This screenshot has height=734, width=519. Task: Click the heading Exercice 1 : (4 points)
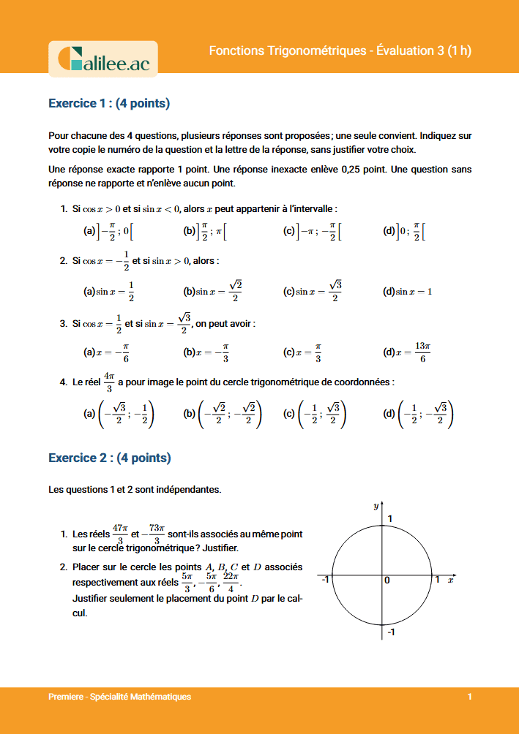(x=109, y=103)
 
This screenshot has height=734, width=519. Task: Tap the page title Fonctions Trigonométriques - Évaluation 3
(x=340, y=50)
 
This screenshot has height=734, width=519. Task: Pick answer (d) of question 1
(x=404, y=232)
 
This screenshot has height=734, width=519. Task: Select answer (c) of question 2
(x=313, y=291)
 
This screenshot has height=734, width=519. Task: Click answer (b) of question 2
(x=212, y=291)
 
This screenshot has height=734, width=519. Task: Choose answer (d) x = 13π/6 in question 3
(x=407, y=352)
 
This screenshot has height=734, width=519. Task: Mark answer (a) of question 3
(x=107, y=352)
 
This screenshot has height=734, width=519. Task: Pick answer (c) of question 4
(x=314, y=415)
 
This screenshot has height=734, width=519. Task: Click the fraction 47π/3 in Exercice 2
(x=120, y=533)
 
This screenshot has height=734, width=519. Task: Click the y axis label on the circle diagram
(x=375, y=505)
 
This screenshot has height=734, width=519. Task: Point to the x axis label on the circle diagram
(x=450, y=579)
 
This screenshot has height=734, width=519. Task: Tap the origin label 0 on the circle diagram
(x=387, y=580)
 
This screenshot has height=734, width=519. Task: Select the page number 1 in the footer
(x=469, y=697)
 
